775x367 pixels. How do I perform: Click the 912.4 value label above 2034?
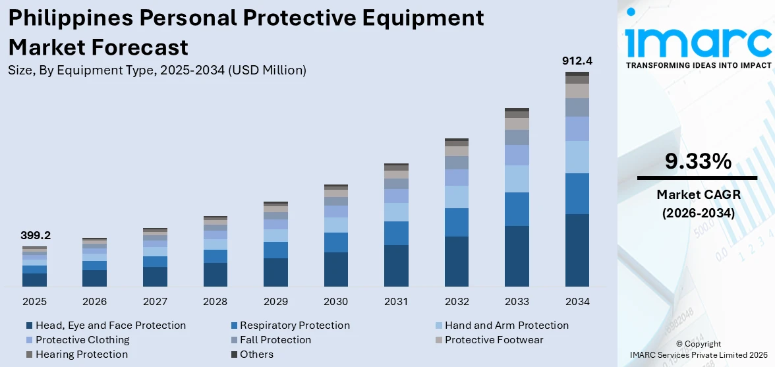tap(577, 61)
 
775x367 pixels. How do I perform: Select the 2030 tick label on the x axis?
tap(335, 302)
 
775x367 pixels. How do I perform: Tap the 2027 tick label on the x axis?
tap(155, 302)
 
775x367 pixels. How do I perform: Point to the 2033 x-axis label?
tap(517, 302)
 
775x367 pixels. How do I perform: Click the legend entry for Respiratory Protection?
tap(294, 325)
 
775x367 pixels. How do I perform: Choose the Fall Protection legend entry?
tap(275, 340)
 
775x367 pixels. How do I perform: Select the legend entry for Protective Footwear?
tap(494, 340)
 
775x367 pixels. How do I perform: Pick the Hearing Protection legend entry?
tap(81, 354)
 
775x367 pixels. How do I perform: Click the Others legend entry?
tap(256, 354)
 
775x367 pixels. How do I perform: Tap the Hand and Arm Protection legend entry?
tap(506, 325)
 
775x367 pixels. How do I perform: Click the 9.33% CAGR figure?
tap(697, 161)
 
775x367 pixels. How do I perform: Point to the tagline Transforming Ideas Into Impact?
tap(698, 65)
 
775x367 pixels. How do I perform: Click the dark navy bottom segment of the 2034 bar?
tap(577, 250)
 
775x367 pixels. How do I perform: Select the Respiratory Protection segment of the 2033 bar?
tap(517, 209)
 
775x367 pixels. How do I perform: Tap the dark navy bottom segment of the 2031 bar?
tap(396, 266)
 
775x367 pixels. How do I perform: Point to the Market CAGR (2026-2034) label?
tap(697, 204)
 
